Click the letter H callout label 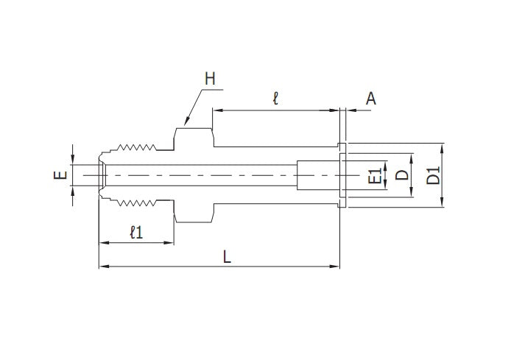[x=210, y=79]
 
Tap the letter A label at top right [x=371, y=98]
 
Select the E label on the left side [x=61, y=175]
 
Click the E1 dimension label [x=375, y=176]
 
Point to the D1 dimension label [x=434, y=176]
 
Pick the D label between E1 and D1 [x=401, y=176]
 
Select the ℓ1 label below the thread [x=135, y=233]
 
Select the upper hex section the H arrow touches [x=192, y=137]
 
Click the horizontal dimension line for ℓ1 [x=135, y=242]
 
